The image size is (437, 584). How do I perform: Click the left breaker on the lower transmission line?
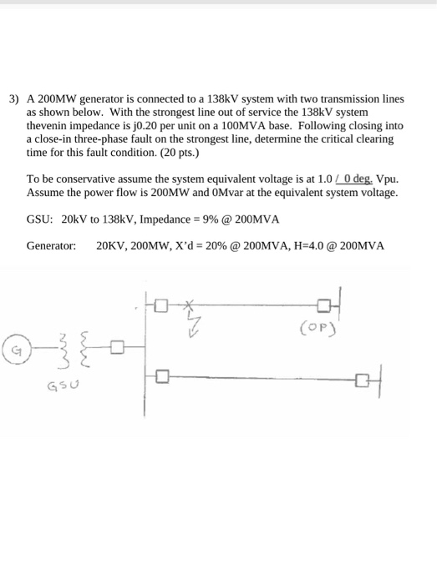(161, 378)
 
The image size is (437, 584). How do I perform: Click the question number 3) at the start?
(14, 98)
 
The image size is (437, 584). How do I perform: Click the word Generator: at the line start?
(51, 247)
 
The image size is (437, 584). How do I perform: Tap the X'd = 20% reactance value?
(197, 247)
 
